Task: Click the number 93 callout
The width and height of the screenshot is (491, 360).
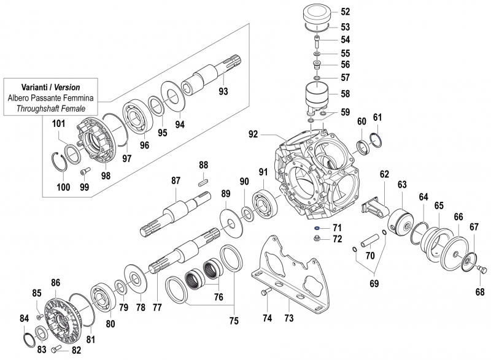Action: [x=223, y=92]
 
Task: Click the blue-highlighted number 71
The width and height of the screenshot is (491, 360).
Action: [x=337, y=228]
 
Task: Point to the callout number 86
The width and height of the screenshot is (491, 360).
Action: [x=55, y=283]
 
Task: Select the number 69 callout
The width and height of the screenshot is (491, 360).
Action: [x=373, y=284]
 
